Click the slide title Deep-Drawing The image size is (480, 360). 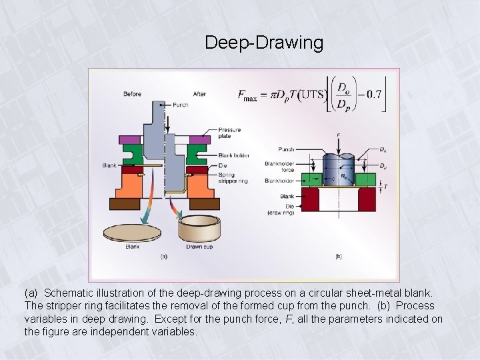point(264,43)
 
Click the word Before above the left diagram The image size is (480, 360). point(133,94)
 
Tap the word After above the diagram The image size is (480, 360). point(199,94)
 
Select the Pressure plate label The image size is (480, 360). point(229,132)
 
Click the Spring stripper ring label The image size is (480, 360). point(231,177)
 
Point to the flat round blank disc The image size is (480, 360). point(133,232)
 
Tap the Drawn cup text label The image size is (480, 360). point(199,246)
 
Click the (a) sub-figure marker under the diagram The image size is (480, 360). point(164,255)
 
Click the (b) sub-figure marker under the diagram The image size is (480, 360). point(339,255)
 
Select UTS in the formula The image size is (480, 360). point(311,95)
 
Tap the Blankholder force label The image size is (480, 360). point(279,166)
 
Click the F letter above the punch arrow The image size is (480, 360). point(339,136)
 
